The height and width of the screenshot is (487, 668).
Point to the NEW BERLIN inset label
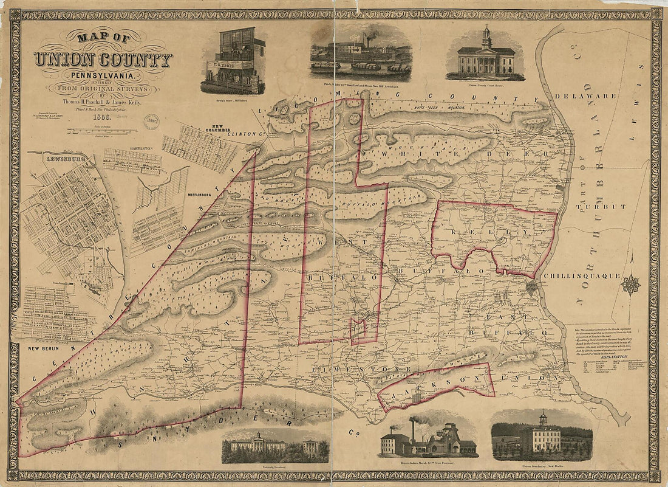pyautogui.click(x=43, y=348)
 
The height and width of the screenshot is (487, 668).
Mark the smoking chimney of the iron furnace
pyautogui.click(x=412, y=426)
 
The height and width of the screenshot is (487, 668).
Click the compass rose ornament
pyautogui.click(x=631, y=284)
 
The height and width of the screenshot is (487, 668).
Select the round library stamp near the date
pyautogui.click(x=151, y=120)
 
